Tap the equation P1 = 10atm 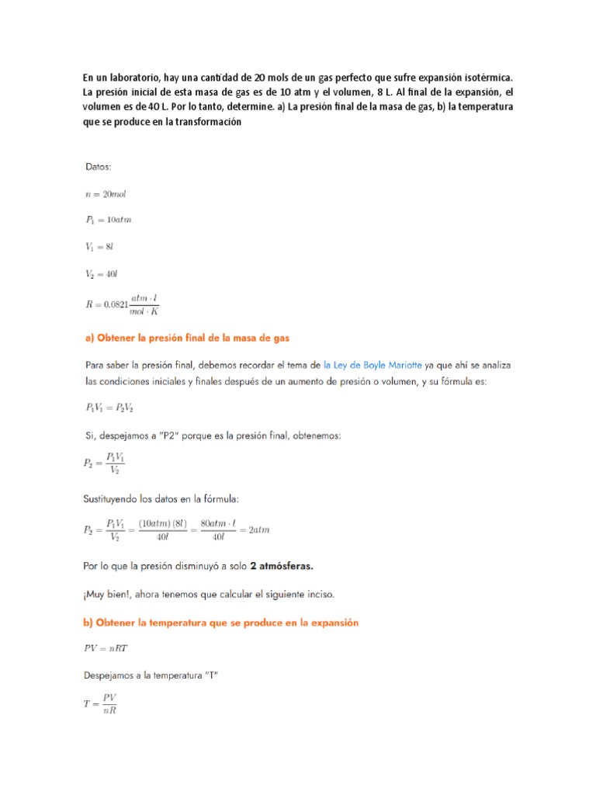108,220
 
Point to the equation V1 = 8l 100,246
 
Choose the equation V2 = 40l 102,273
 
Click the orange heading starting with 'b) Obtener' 220,623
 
